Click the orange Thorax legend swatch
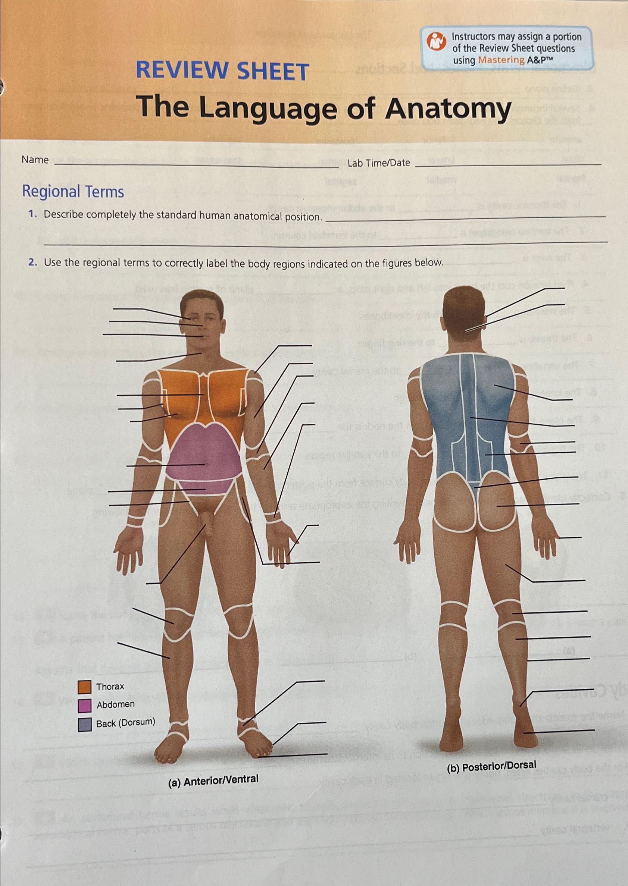click(84, 687)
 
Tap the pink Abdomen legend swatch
click(84, 705)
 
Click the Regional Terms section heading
click(73, 192)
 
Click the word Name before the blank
click(35, 160)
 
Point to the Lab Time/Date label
click(378, 163)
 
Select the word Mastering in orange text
click(501, 60)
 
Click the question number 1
click(32, 214)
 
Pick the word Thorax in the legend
click(110, 687)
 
